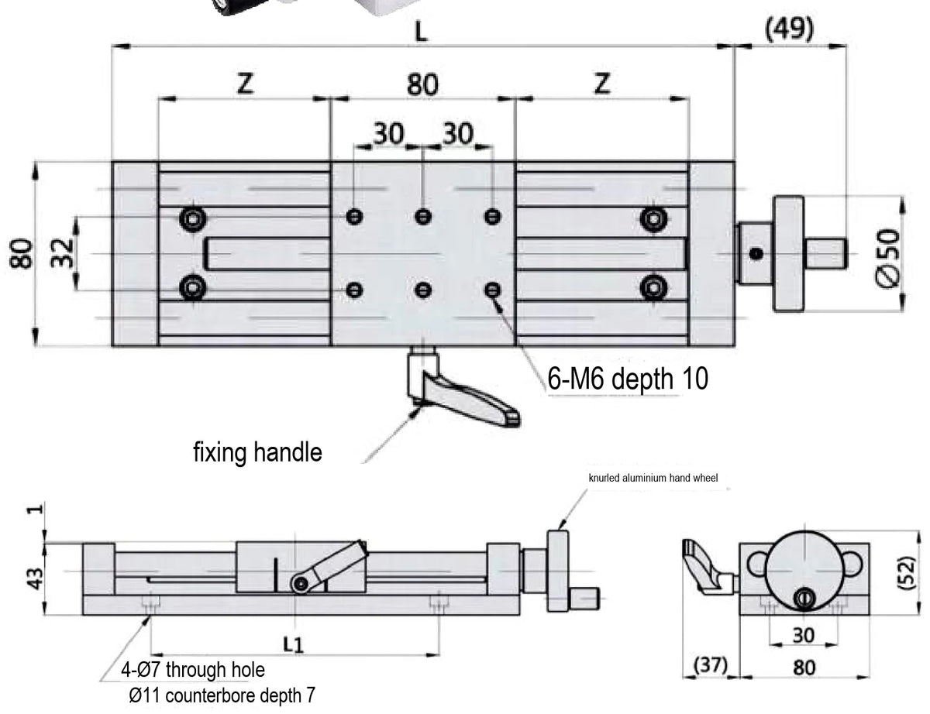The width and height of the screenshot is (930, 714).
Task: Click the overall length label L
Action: point(422,32)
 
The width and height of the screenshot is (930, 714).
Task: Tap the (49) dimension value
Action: point(789,30)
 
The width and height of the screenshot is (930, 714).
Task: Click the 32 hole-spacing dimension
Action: point(62,252)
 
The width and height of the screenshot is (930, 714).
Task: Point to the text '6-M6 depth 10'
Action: point(628,379)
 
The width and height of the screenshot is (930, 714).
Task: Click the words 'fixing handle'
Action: point(257,452)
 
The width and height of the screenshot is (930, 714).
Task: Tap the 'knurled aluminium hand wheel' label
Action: point(653,478)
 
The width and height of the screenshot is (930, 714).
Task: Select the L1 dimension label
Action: point(293,644)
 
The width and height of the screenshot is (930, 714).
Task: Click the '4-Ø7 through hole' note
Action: point(193,670)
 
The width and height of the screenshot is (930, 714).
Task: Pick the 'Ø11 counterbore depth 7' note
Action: point(222,695)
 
